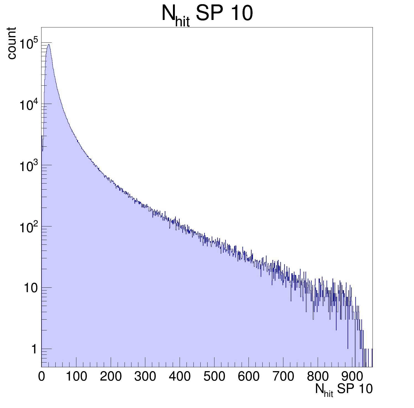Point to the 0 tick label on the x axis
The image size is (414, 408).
click(x=42, y=376)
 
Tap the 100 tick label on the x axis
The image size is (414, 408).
click(x=76, y=376)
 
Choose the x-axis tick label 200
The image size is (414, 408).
click(x=111, y=376)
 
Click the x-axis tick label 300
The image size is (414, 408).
click(x=145, y=376)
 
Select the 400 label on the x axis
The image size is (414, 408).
click(x=180, y=376)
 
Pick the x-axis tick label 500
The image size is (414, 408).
click(x=214, y=376)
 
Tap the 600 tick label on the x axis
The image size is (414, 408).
click(x=249, y=376)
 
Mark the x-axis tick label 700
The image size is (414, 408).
click(x=283, y=376)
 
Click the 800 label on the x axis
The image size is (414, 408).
click(x=318, y=376)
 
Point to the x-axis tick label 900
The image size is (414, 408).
click(x=352, y=376)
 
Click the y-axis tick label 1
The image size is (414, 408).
click(x=34, y=349)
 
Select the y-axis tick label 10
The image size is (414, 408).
click(x=30, y=288)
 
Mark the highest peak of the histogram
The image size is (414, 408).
click(x=49, y=44)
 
